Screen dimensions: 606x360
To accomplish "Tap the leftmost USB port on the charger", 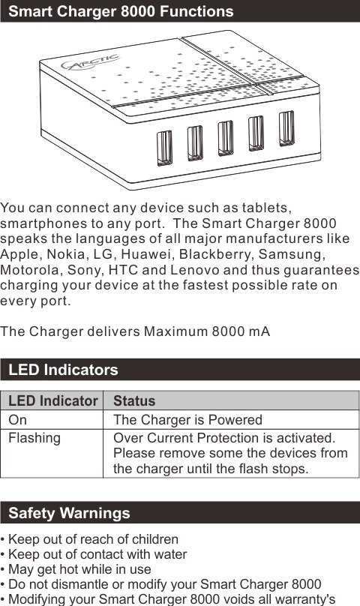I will point(164,148).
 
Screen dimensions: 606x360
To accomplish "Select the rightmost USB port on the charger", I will point(286,129).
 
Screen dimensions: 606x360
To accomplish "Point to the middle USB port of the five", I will point(226,139).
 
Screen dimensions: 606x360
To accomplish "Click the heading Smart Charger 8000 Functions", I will point(121,11).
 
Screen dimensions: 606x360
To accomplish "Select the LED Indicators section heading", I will point(63,370).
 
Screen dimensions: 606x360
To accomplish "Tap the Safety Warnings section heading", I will point(69,513).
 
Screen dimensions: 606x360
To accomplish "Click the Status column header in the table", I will point(134,401).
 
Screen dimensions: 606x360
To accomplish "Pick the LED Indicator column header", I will point(52,401).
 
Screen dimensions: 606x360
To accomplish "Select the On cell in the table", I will point(17,420).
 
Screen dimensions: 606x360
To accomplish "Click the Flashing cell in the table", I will point(34,438).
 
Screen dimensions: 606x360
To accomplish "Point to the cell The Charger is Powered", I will point(187,420).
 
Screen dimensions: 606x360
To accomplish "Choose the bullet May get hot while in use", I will point(77,570).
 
